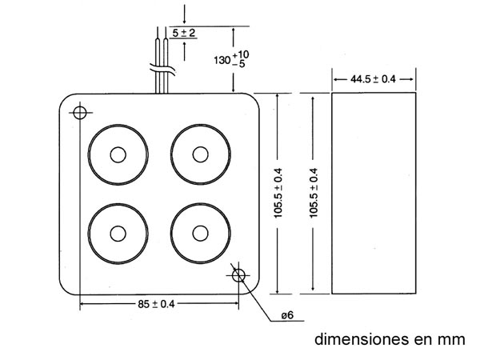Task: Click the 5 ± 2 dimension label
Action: pos(184,33)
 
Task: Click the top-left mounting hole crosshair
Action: pos(79,112)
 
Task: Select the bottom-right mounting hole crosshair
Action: pos(238,276)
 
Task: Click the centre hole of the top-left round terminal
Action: pos(118,154)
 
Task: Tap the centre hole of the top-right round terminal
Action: pos(199,154)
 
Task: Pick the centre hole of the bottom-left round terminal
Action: pos(118,234)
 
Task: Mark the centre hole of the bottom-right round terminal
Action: pos(199,234)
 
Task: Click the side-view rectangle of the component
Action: pos(374,192)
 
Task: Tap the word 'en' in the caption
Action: pos(422,338)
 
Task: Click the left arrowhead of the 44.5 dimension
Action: pos(334,79)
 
